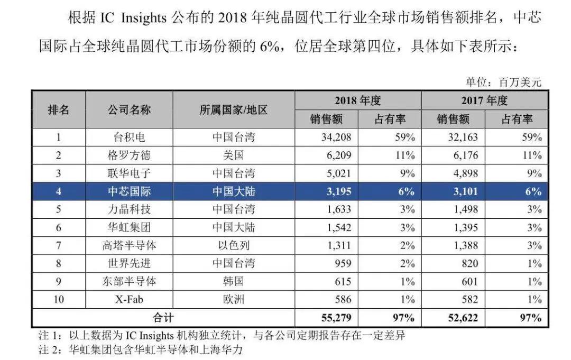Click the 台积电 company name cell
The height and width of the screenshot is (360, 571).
click(130, 137)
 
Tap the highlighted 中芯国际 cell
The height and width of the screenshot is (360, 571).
click(130, 191)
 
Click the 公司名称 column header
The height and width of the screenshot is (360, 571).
click(130, 110)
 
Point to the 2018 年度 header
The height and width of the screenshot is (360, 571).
click(357, 100)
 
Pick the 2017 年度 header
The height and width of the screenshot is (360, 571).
click(484, 100)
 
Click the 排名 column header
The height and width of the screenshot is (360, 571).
click(59, 110)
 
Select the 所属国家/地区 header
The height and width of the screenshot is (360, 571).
click(234, 110)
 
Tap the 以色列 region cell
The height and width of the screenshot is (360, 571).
click(234, 245)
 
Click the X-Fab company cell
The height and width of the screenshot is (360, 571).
click(130, 300)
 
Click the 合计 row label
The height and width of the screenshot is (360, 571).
click(163, 318)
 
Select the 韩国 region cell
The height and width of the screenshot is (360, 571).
click(234, 281)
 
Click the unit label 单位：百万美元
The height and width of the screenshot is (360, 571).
click(503, 82)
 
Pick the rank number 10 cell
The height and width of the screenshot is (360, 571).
click(59, 300)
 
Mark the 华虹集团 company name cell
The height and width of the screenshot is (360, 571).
click(130, 227)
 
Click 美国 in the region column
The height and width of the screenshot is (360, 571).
click(234, 155)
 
